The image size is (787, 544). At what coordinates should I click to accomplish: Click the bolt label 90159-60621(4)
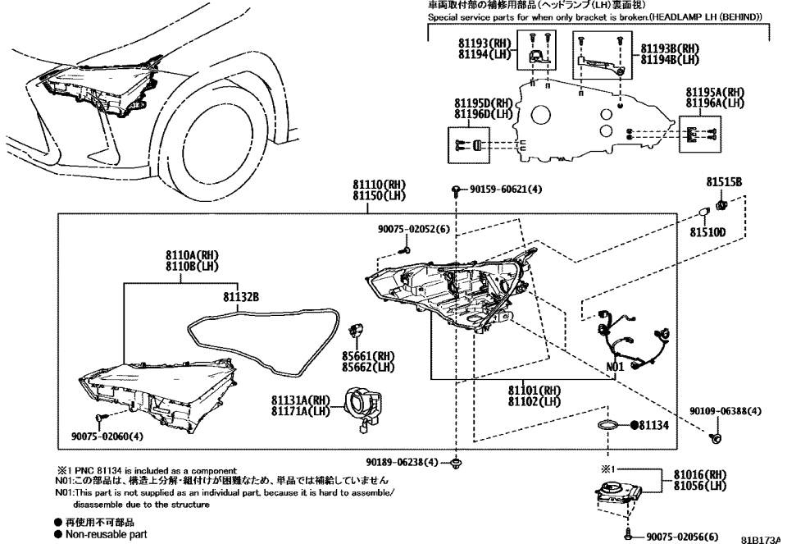(x=500, y=190)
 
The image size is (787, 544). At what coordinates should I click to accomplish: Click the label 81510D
(x=707, y=233)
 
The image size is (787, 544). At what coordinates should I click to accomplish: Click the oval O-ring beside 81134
(x=607, y=427)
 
